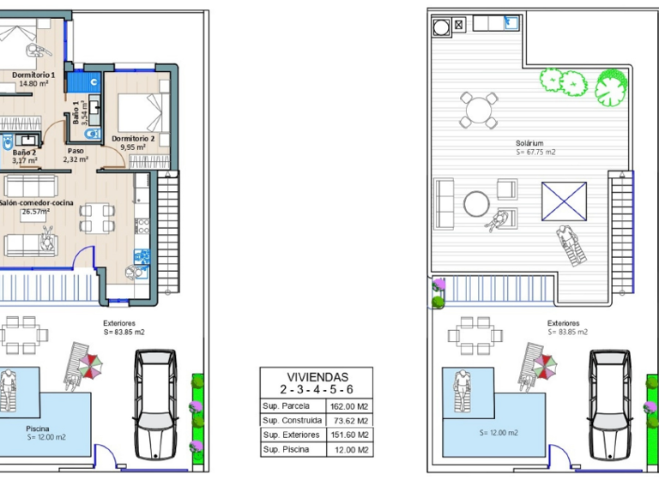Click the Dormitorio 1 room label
click(33, 75)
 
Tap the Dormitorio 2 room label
click(133, 138)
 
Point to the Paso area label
click(76, 151)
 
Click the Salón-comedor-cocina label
click(36, 203)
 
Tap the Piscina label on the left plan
click(38, 428)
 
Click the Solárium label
click(530, 144)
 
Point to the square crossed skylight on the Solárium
click(564, 201)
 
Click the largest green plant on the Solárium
click(611, 87)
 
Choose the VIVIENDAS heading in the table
click(316, 376)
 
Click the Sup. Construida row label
click(293, 420)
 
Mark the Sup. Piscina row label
click(287, 449)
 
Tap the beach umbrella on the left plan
click(90, 366)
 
